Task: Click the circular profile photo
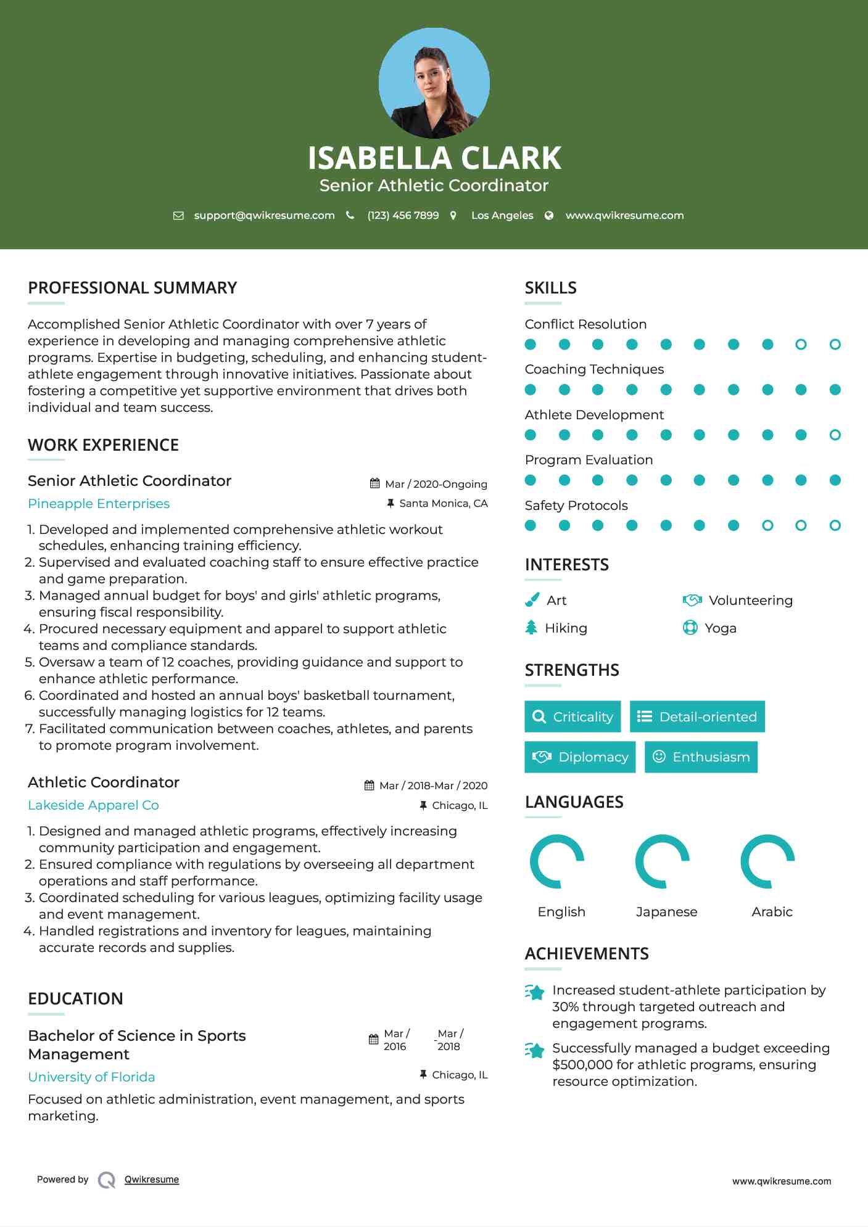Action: click(x=434, y=83)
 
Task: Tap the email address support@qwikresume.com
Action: click(x=264, y=215)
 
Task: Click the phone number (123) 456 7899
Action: click(x=403, y=215)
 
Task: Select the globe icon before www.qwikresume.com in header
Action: click(x=549, y=215)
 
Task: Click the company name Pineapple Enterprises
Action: click(x=99, y=504)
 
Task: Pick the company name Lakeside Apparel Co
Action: click(x=93, y=805)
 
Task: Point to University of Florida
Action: click(x=91, y=1077)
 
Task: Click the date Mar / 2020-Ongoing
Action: click(x=436, y=484)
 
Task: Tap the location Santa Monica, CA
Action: click(x=443, y=503)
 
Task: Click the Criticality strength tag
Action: click(x=572, y=716)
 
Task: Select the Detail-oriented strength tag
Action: click(x=697, y=716)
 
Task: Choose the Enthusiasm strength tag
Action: click(x=701, y=757)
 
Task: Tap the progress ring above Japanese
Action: click(x=663, y=861)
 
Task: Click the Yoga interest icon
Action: click(x=690, y=628)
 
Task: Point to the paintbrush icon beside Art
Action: click(x=532, y=600)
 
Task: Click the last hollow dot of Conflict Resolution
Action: click(x=835, y=344)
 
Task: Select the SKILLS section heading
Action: click(x=550, y=288)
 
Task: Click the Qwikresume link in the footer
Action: click(x=152, y=1180)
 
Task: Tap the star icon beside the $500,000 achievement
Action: click(x=535, y=1050)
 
